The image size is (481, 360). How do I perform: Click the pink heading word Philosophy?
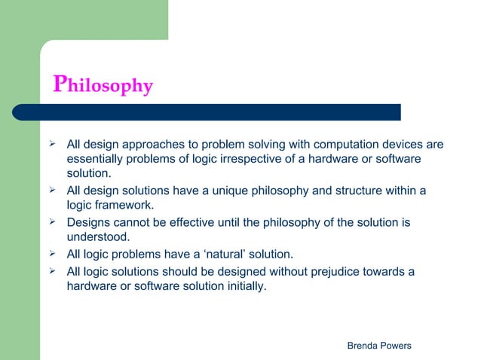[x=103, y=85]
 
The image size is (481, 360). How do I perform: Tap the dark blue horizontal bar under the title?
[x=219, y=112]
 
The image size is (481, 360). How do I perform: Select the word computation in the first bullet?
[x=345, y=145]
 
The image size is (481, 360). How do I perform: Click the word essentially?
[x=97, y=160]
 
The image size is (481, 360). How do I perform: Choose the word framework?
[x=123, y=206]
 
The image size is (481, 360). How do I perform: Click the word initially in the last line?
[x=244, y=285]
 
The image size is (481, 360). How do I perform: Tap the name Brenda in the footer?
[x=364, y=344]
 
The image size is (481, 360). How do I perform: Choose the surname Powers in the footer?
[x=397, y=344]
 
